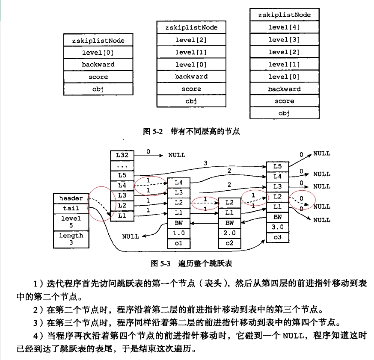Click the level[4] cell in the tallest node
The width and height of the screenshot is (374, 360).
coord(284,27)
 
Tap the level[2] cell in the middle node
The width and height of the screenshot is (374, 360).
coord(191,40)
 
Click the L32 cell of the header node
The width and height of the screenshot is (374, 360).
coord(122,155)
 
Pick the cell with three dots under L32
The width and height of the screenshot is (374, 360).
coord(122,165)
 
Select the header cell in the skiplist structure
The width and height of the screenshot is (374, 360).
coord(71,198)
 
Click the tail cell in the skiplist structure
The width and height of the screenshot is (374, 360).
coord(71,208)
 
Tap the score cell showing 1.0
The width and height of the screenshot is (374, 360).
coord(178,233)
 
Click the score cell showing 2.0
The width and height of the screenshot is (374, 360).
coord(229,233)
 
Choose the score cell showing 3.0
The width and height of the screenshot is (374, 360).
coord(277,227)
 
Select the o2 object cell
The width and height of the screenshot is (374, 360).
coord(229,243)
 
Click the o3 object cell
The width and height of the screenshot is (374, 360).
coord(277,237)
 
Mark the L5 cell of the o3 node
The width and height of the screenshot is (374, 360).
coord(277,166)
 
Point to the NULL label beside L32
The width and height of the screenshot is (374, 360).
coord(177,155)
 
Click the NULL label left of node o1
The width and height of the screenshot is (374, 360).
coord(131,236)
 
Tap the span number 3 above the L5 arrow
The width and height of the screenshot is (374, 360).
coord(205,163)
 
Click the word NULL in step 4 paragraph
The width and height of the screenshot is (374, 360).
coord(293,336)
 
